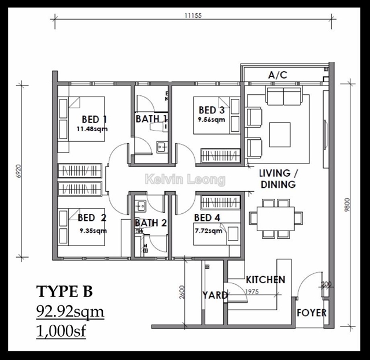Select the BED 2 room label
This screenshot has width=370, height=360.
(92, 218)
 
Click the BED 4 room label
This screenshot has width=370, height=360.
(208, 218)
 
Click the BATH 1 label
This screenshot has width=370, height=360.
(151, 119)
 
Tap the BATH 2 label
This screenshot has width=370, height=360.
(151, 223)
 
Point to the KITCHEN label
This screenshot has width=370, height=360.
(265, 280)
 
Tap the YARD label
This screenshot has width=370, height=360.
(214, 295)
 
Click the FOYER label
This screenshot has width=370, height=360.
(311, 313)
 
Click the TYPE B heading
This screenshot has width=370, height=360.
(64, 290)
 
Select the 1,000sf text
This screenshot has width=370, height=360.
(61, 333)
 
